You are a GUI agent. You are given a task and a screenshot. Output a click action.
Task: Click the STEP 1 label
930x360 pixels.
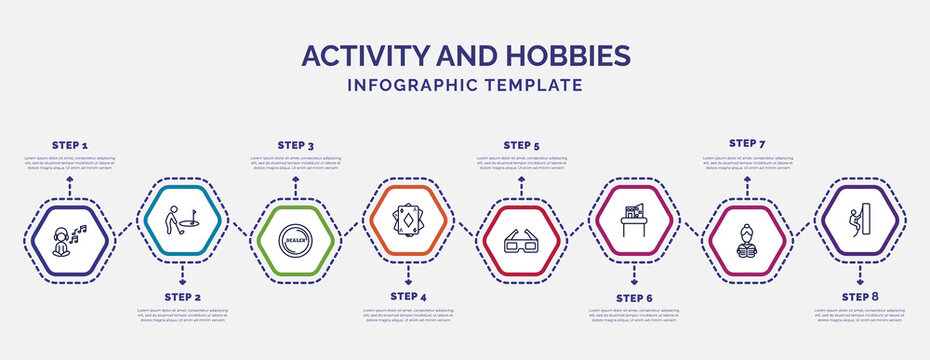[69, 145]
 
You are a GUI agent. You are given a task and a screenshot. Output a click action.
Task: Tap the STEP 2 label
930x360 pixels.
[182, 297]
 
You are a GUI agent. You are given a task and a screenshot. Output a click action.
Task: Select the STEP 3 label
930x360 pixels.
[295, 145]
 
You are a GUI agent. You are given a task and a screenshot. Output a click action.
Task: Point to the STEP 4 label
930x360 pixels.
[408, 297]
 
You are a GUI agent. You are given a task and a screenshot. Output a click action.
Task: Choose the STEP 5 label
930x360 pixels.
[521, 145]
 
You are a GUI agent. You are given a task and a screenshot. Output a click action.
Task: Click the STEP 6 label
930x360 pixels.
[634, 297]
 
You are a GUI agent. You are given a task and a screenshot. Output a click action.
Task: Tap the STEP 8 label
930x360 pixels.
[860, 297]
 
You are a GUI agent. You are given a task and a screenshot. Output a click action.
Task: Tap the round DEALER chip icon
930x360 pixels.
[294, 241]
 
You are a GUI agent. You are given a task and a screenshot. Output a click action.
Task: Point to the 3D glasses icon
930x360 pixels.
[520, 241]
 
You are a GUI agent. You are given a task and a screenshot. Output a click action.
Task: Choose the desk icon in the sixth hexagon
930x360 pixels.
[633, 219]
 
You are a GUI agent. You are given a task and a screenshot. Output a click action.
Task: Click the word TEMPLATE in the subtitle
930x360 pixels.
[532, 85]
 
